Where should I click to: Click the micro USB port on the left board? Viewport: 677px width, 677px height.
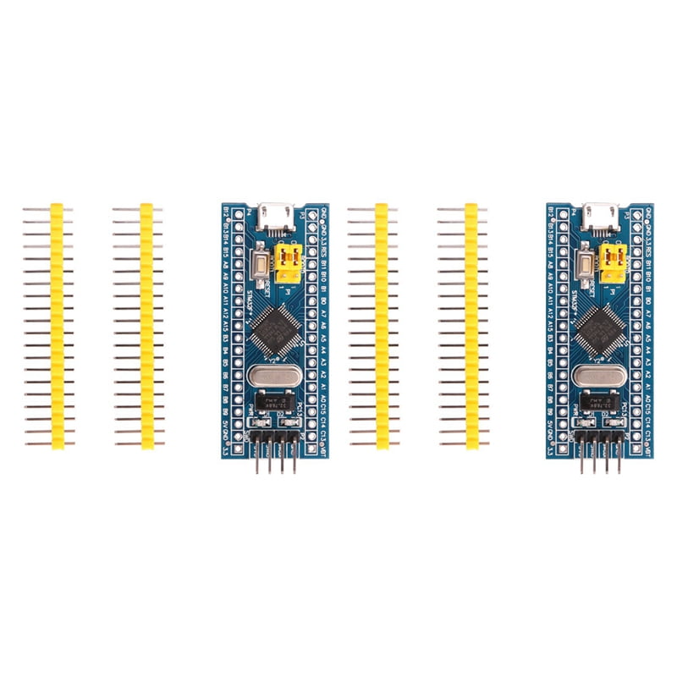273,215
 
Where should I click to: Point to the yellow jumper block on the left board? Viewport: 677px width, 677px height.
289,262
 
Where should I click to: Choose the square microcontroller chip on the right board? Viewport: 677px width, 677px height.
602,327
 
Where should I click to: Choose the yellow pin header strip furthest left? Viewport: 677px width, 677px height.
58,325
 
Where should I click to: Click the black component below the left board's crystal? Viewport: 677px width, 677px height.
272,401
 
